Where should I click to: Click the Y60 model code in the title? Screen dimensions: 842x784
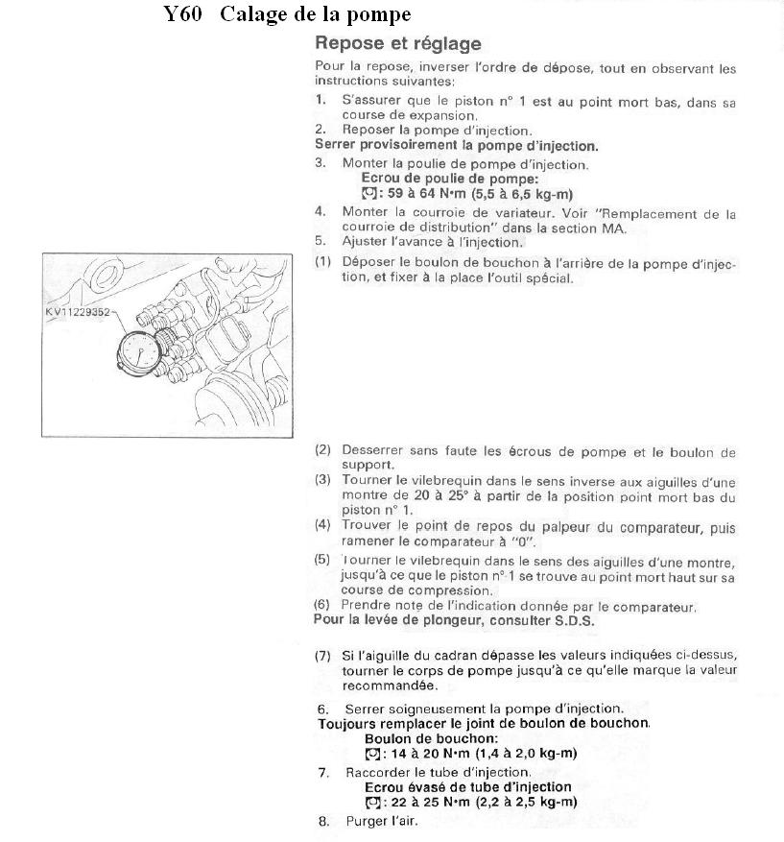(x=182, y=15)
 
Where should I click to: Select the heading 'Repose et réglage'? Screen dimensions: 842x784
(x=397, y=44)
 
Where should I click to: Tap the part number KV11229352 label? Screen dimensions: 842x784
(x=79, y=311)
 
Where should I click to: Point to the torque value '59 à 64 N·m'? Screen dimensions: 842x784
(x=419, y=193)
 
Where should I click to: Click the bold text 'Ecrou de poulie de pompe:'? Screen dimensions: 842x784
(x=449, y=179)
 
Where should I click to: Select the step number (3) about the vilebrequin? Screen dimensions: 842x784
(x=322, y=479)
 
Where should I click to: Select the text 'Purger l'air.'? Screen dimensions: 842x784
(x=381, y=822)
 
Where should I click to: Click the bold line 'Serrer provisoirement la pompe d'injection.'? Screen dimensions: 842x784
(x=456, y=146)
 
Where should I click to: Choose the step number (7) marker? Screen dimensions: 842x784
(x=322, y=655)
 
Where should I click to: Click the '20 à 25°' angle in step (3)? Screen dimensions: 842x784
(x=446, y=496)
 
